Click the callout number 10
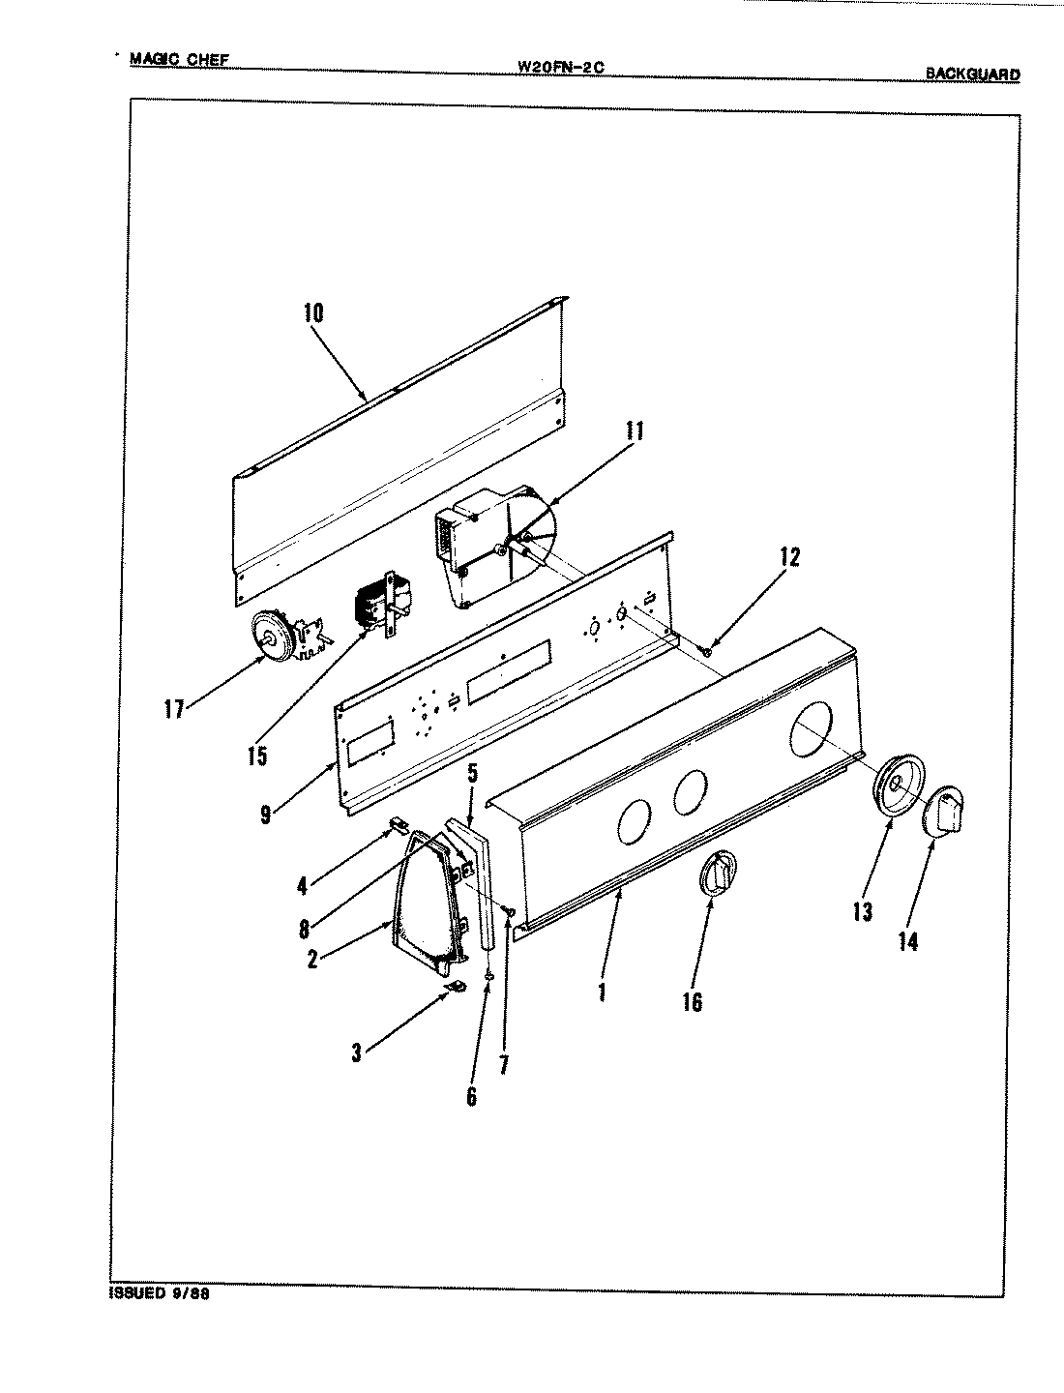pos(313,313)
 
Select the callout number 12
pos(790,557)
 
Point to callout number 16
pos(692,1002)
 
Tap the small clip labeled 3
pos(456,987)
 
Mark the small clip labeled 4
pos(397,823)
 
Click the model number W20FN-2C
pos(561,67)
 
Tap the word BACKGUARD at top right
pos(971,74)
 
